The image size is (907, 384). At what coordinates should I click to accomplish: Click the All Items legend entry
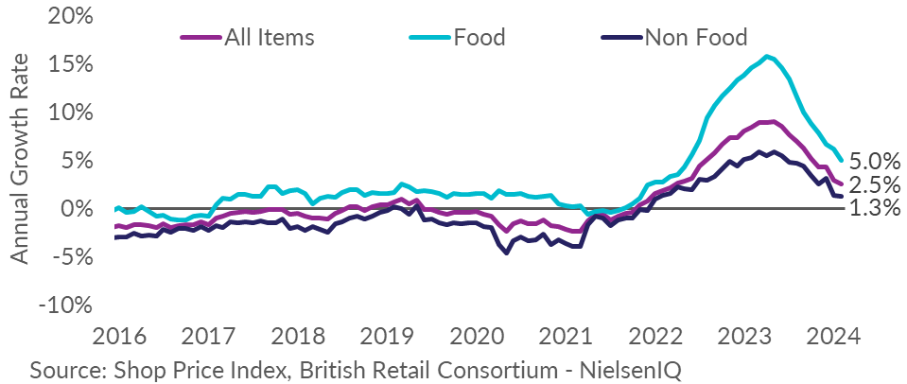[269, 38]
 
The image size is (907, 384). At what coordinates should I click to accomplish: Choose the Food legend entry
[480, 38]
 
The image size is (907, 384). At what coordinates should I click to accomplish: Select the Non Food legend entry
[695, 38]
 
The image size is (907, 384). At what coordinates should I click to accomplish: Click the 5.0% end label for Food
[876, 161]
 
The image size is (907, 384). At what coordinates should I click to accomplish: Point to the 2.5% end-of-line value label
[876, 185]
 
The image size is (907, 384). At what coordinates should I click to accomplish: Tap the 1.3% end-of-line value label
[876, 209]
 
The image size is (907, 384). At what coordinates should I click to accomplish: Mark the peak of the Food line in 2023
[767, 56]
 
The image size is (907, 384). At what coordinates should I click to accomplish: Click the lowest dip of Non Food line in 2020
[507, 253]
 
